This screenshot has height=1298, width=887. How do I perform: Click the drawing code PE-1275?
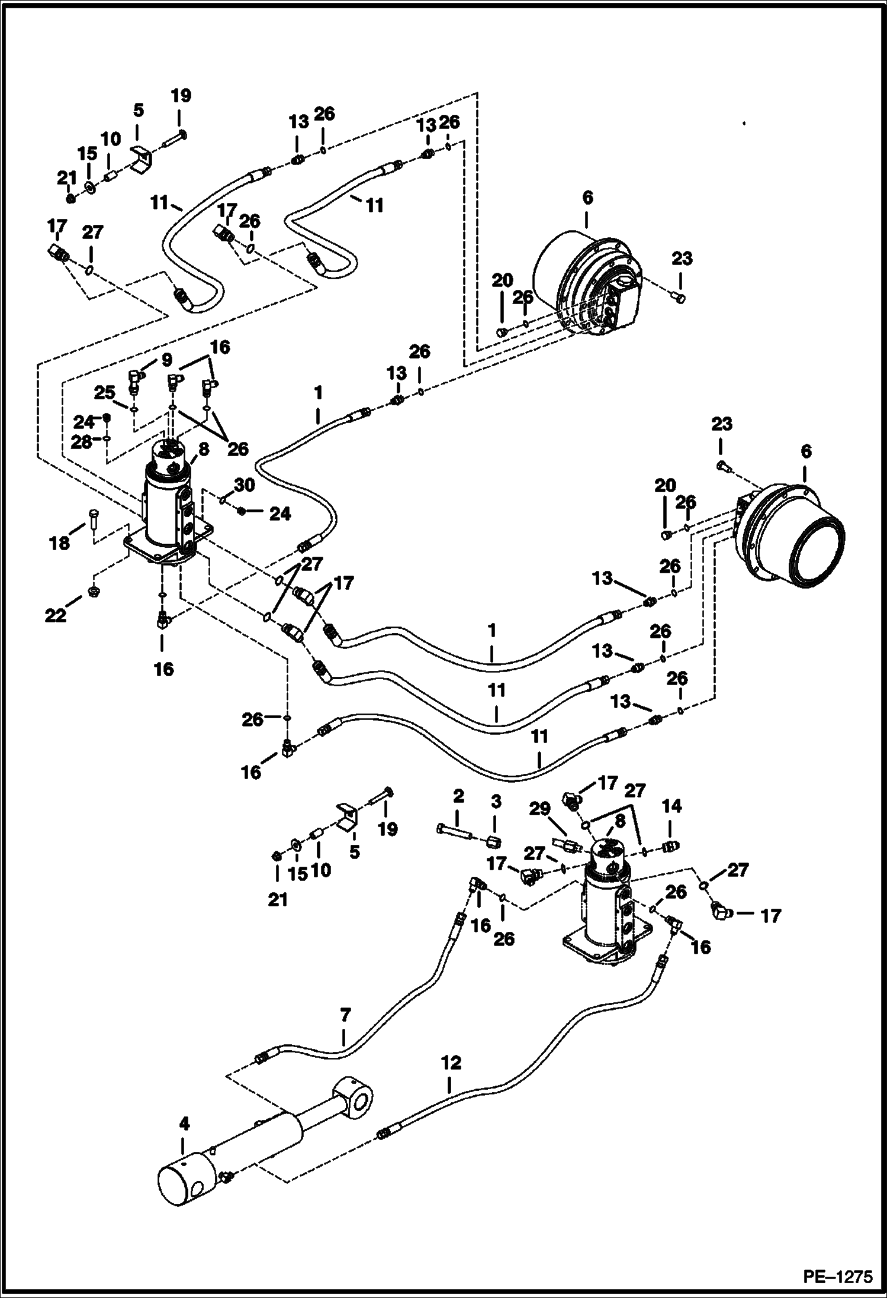pos(837,1276)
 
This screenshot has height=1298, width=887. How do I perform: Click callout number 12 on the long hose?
pos(451,1063)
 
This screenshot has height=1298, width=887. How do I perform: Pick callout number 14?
pos(672,806)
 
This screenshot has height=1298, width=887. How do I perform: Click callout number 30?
pos(244,485)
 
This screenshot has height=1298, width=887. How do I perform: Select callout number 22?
pos(56,616)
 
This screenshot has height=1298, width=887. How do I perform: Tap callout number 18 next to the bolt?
pos(59,543)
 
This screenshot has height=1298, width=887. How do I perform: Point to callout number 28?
pos(82,441)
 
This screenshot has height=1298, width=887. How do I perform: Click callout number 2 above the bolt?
pos(458,797)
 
